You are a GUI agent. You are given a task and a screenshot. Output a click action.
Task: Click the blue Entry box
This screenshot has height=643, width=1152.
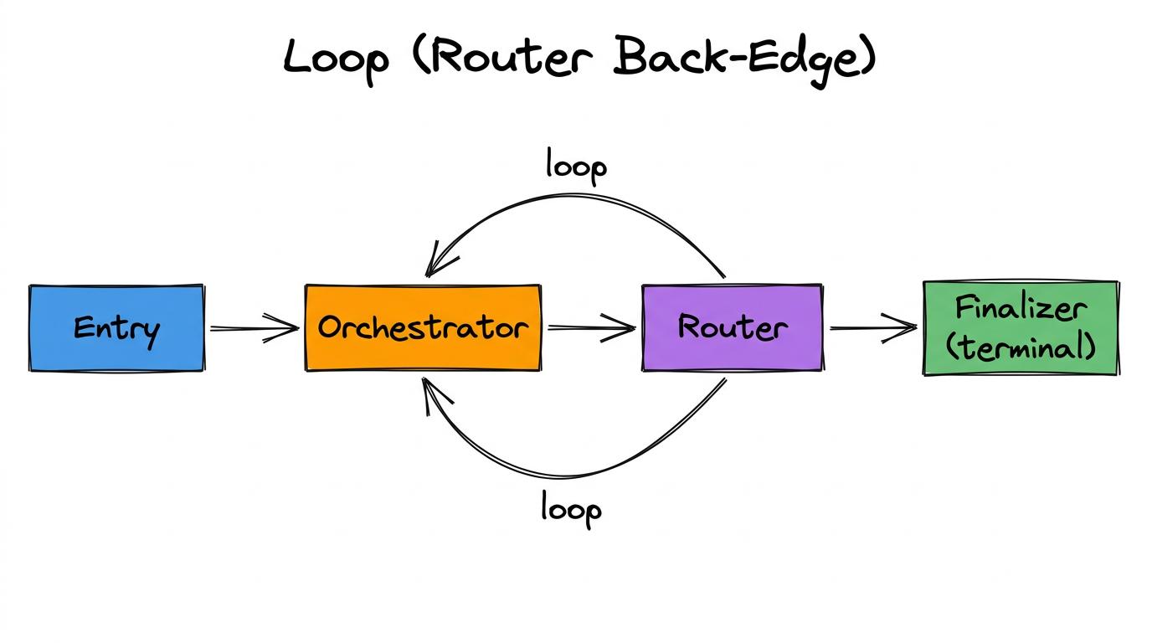116,328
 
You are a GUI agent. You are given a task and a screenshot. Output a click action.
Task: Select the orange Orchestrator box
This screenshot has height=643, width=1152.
423,327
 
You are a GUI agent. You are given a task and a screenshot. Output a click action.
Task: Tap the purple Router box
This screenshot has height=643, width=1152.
732,327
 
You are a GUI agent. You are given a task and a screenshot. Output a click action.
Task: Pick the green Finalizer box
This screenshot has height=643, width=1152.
1021,327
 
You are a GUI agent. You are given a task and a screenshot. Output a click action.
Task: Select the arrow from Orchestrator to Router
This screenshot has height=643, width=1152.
591,328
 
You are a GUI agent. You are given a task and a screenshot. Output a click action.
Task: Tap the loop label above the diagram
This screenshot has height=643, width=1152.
576,165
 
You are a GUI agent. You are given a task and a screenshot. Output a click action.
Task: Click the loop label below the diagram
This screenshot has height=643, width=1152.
571,508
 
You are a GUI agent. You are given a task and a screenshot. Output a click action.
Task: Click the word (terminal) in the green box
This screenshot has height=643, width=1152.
1021,346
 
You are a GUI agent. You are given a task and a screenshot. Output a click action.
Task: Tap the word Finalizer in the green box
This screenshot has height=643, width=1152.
1021,309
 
